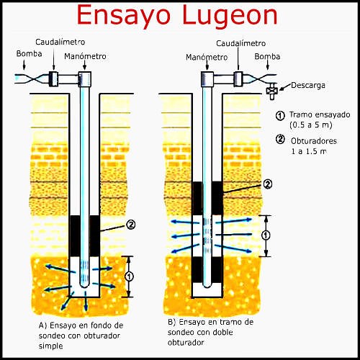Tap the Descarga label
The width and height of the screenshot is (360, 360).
click(307, 85)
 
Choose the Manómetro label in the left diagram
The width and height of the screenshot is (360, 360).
click(84, 55)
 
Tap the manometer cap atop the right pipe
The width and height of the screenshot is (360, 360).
click(207, 78)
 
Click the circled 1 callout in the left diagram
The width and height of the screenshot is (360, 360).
click(129, 275)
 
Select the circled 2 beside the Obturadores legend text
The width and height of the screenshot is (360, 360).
click(279, 139)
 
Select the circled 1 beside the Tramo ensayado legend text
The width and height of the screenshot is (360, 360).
click(279, 115)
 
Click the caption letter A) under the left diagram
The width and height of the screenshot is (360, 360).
click(42, 325)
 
